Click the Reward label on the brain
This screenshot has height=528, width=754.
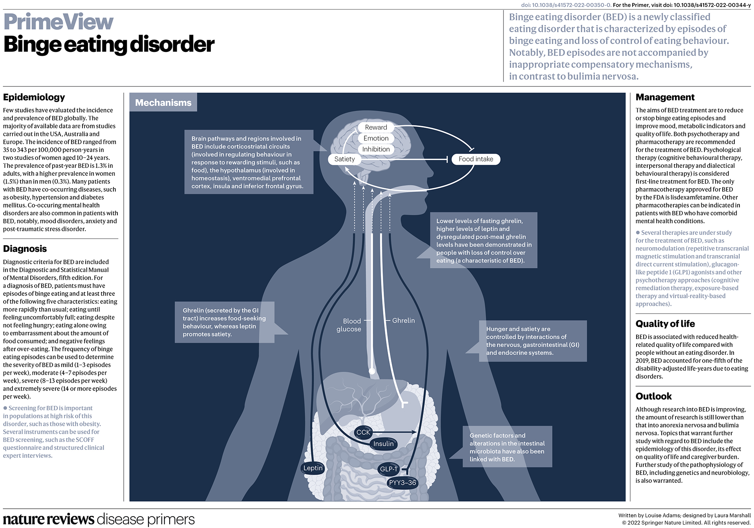pyautogui.click(x=376, y=127)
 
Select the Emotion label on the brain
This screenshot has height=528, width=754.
pyautogui.click(x=376, y=138)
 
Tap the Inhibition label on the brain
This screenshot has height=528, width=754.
pyautogui.click(x=376, y=149)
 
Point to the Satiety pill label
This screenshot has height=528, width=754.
pyautogui.click(x=344, y=159)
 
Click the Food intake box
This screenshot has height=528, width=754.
pyautogui.click(x=476, y=159)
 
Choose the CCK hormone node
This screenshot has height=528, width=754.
pyautogui.click(x=363, y=433)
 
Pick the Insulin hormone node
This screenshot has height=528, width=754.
pyautogui.click(x=383, y=444)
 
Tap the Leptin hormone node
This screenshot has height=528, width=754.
pyautogui.click(x=313, y=468)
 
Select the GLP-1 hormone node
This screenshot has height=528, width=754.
pyautogui.click(x=389, y=469)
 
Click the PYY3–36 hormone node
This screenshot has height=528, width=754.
pyautogui.click(x=402, y=483)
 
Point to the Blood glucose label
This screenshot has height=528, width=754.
pyautogui.click(x=349, y=325)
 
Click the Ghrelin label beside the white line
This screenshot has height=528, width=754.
pyautogui.click(x=403, y=321)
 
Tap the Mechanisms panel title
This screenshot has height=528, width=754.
pyautogui.click(x=163, y=103)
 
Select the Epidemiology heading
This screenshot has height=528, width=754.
pyautogui.click(x=34, y=97)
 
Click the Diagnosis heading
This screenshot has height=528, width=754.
pyautogui.click(x=25, y=249)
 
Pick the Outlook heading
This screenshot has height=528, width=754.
pyautogui.click(x=653, y=396)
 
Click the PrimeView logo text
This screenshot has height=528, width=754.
pyautogui.click(x=59, y=22)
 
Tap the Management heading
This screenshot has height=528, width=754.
pyautogui.click(x=665, y=97)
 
